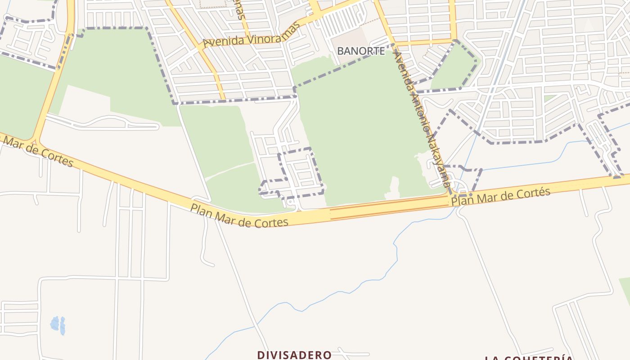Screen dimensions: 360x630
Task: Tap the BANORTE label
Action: click(361, 51)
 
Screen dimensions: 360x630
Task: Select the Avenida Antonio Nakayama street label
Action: click(421, 119)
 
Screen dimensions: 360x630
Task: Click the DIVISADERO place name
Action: click(294, 355)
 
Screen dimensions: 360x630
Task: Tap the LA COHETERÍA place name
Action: click(529, 358)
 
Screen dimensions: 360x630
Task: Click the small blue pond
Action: click(58, 325)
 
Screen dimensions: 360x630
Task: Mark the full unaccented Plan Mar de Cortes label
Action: click(239, 216)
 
